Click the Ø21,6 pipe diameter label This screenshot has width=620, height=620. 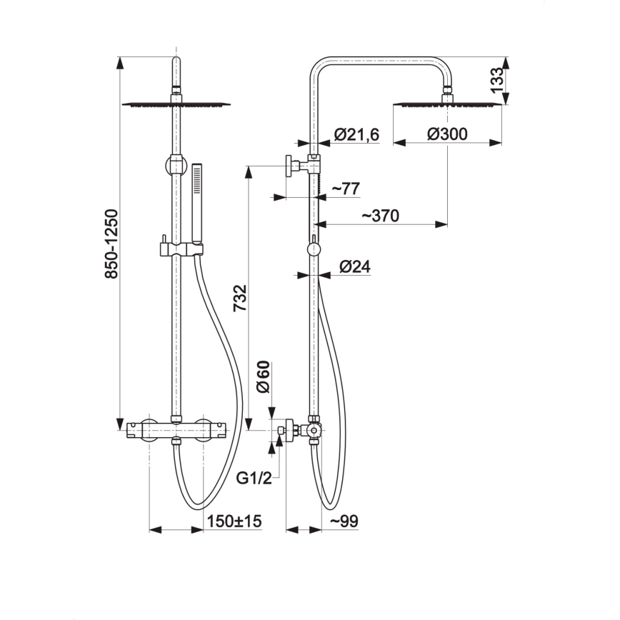tap(356, 134)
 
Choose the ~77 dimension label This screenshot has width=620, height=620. tap(346, 189)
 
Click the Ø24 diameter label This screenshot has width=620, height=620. tap(354, 266)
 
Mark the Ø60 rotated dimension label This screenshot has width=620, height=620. tap(263, 376)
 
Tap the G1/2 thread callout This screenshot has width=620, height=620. tap(254, 477)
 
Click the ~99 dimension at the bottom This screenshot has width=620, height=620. tap(344, 521)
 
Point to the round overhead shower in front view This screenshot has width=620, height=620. tap(176, 104)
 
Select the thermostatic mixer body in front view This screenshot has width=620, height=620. tap(176, 431)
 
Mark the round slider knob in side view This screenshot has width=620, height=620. tap(313, 249)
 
